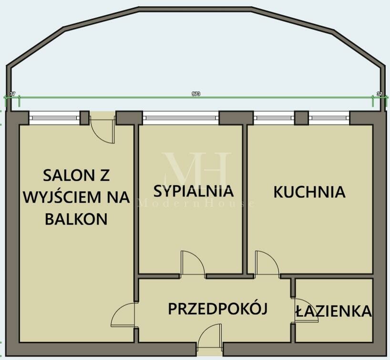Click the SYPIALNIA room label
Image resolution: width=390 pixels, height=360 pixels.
(x=194, y=191)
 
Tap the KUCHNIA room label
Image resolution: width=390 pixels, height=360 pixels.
(x=309, y=192)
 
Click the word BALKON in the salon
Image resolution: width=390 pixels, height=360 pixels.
(x=76, y=219)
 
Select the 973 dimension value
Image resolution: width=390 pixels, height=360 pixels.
(x=196, y=94)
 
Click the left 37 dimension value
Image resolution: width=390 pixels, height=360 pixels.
(x=12, y=94)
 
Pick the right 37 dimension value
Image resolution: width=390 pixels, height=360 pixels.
(x=380, y=94)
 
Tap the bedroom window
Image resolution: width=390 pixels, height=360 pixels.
(x=181, y=117)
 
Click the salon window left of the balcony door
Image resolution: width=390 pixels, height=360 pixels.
(x=54, y=117)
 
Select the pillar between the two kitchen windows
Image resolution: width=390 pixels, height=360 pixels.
(x=301, y=118)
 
